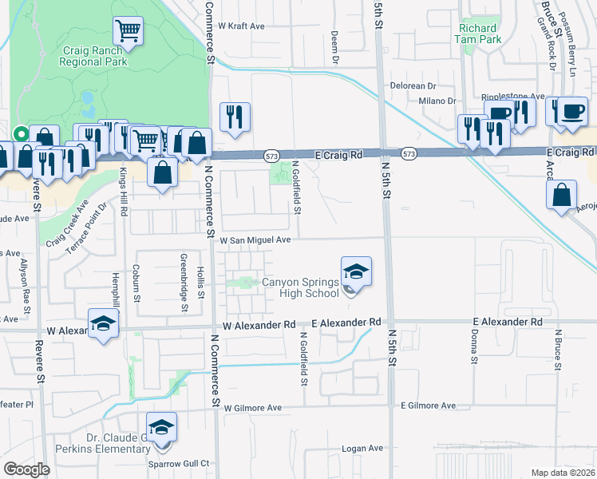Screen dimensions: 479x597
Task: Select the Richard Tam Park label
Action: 479,33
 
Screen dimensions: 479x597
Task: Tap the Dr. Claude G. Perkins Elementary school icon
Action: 162,427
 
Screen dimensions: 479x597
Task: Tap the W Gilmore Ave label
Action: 253,407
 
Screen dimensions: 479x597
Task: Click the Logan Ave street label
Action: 362,449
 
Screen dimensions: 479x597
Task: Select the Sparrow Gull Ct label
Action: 178,463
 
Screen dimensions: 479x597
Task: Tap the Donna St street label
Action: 473,348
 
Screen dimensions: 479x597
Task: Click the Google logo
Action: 26,469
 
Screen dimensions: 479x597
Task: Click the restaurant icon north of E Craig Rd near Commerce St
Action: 235,117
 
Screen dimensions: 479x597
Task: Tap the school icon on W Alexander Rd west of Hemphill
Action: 104,323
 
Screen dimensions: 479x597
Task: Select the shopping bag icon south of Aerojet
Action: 563,194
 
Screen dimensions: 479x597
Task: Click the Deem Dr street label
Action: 335,47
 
